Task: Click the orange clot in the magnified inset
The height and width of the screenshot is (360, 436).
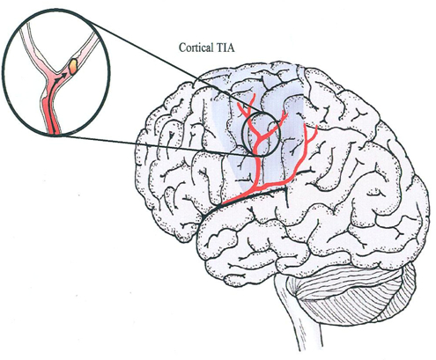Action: click(x=72, y=65)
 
